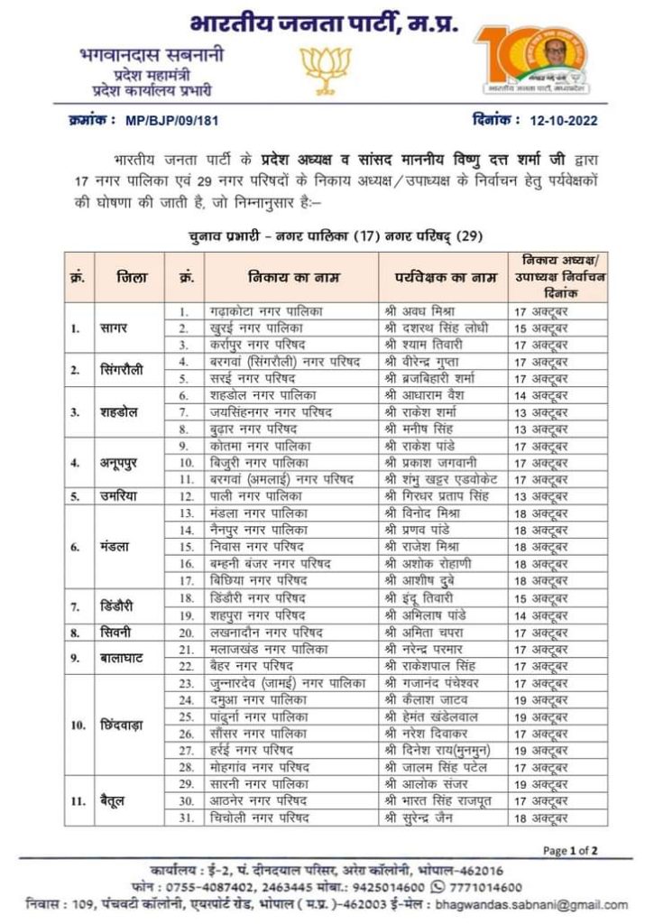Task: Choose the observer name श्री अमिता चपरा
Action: point(422,633)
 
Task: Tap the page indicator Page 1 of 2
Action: point(570,850)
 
